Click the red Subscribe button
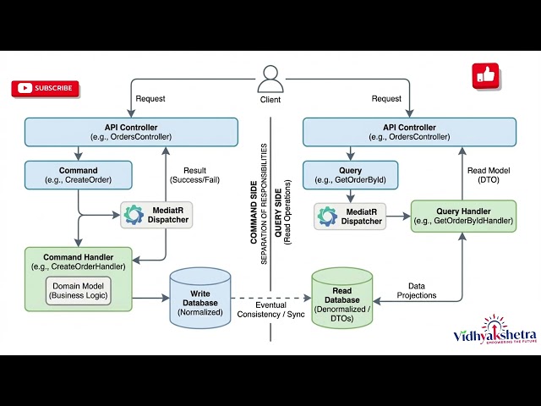click(x=45, y=88)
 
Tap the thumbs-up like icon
click(x=485, y=76)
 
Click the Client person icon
click(x=270, y=80)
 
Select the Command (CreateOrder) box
click(x=79, y=175)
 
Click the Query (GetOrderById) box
click(x=351, y=175)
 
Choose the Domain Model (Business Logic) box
click(x=79, y=290)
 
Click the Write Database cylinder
click(x=199, y=297)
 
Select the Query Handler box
click(x=463, y=216)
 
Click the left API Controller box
click(x=131, y=132)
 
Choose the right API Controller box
click(x=409, y=132)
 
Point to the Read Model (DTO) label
click(x=488, y=175)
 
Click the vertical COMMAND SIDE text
click(x=254, y=194)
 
